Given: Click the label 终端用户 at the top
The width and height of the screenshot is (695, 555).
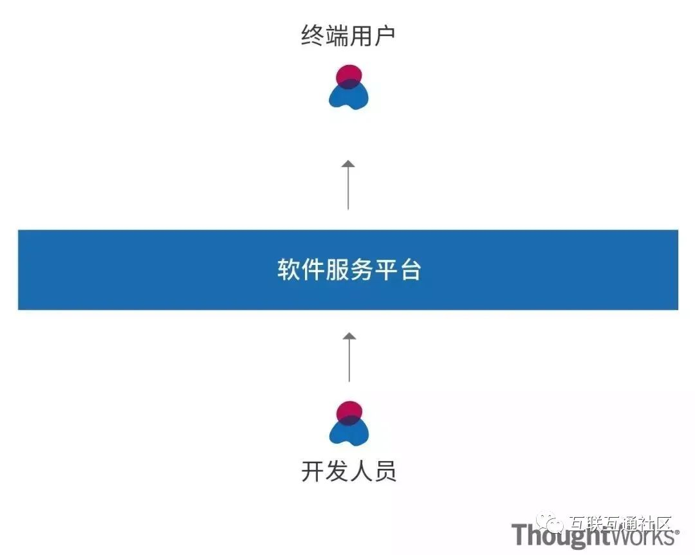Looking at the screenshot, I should [x=348, y=36].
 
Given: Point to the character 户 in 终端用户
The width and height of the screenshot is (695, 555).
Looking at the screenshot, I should [x=384, y=36].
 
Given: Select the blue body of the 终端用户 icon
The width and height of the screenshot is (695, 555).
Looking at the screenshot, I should [x=349, y=97].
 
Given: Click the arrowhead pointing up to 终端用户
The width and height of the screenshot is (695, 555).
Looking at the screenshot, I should [x=348, y=163].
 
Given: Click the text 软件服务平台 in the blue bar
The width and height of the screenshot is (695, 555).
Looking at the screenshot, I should [x=349, y=270].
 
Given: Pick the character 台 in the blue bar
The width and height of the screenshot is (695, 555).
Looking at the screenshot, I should [x=409, y=270].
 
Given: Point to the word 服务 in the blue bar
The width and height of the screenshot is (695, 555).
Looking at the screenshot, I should [x=349, y=270].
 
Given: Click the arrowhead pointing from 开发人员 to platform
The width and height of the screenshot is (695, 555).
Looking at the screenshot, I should [x=349, y=336].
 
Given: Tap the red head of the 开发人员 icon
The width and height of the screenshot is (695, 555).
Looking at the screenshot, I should [x=349, y=412].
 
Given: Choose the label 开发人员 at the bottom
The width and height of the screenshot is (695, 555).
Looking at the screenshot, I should [x=349, y=471].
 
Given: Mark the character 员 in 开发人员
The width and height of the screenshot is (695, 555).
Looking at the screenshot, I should [x=385, y=471].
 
